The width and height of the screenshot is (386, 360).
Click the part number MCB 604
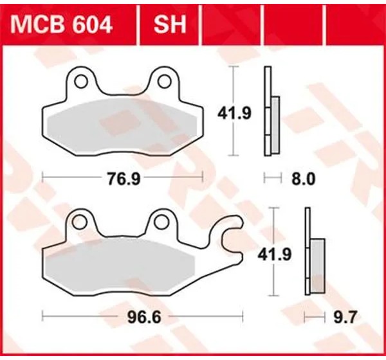62,25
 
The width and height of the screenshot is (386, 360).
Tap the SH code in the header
170,25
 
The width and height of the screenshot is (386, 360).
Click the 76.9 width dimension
124,179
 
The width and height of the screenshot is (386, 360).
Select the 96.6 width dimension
144,318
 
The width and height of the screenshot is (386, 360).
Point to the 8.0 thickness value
303,179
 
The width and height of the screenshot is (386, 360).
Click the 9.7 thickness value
345,318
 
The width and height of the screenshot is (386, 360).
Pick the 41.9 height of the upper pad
234,114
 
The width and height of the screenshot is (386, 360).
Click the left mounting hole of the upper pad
81,82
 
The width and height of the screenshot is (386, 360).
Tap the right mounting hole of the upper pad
164,82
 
